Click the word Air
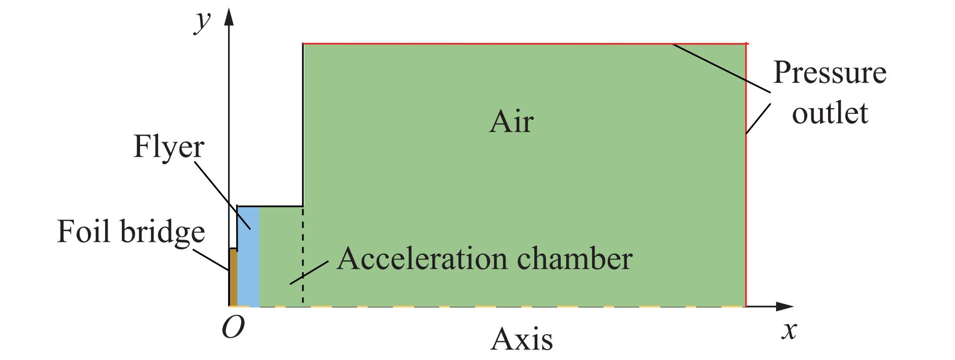pyautogui.click(x=511, y=122)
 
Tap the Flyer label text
pyautogui.click(x=168, y=148)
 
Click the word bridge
pyautogui.click(x=163, y=232)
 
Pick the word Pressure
pyautogui.click(x=829, y=73)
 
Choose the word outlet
pyautogui.click(x=830, y=113)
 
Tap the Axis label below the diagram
pyautogui.click(x=521, y=339)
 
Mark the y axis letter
pyautogui.click(x=202, y=21)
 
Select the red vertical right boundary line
pyautogui.click(x=746, y=202)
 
